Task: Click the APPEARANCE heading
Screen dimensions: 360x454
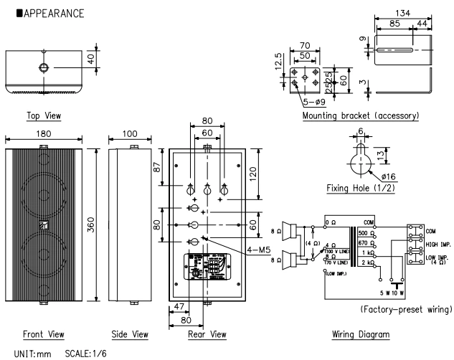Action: click(47, 14)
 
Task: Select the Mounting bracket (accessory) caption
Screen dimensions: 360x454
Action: click(361, 115)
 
